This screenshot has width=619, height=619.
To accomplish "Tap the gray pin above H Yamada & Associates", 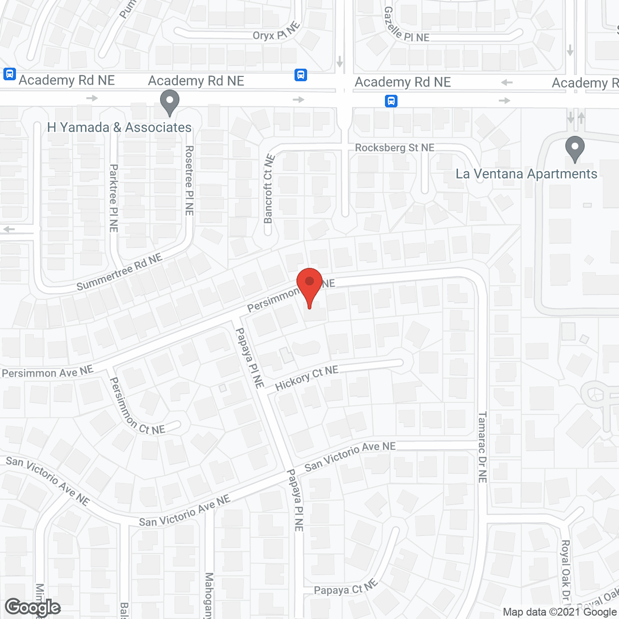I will [169, 102].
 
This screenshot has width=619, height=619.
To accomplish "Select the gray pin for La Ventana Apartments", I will [575, 148].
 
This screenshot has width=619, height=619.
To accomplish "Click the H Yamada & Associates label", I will [119, 128].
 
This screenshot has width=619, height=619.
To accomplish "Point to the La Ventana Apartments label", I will [526, 174].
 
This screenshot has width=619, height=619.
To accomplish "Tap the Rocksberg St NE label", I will [395, 147].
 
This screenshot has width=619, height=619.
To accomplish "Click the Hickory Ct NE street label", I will [307, 378].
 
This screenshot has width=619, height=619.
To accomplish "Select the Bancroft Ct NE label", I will [268, 189].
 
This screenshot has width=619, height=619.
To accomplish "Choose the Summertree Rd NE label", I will [119, 272].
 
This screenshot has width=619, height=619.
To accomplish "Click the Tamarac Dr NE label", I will [482, 447].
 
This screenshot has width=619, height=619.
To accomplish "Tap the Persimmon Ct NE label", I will [137, 407].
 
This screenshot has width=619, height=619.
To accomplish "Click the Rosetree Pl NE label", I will [189, 180].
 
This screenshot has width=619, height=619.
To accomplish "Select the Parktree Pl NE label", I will [114, 198].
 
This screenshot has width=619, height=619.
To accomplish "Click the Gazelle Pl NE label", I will [406, 26].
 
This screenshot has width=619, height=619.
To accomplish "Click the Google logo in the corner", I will [32, 607].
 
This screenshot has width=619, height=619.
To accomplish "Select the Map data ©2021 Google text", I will [560, 612].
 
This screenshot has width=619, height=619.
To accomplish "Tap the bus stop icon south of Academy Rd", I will [391, 101].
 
